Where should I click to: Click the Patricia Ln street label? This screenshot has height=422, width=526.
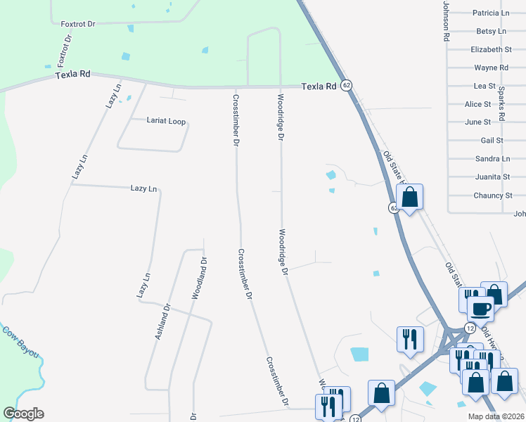(491, 13)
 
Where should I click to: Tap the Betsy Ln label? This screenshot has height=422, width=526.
(491, 31)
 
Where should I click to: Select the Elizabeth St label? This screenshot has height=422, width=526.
(491, 49)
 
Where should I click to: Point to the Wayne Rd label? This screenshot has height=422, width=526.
(491, 68)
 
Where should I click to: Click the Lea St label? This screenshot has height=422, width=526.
(485, 86)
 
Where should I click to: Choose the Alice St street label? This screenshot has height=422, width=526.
(477, 104)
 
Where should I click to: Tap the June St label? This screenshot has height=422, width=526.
(477, 122)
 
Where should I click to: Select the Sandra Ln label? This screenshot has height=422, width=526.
(492, 158)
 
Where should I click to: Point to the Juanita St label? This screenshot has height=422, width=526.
(492, 177)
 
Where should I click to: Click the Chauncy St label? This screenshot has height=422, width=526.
(492, 195)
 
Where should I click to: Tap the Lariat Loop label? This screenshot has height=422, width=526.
(166, 121)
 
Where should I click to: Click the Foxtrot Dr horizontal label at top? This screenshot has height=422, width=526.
(77, 23)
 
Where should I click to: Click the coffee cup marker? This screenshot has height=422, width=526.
(480, 308)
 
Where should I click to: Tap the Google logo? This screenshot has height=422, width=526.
(23, 414)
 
